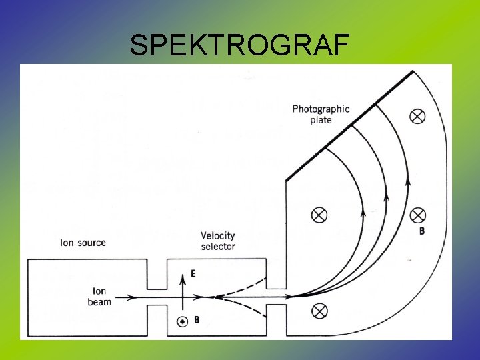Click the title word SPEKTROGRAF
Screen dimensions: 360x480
(x=239, y=45)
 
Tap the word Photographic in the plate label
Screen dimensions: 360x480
(x=321, y=109)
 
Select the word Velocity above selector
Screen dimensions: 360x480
(x=218, y=235)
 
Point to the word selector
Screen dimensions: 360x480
(x=218, y=246)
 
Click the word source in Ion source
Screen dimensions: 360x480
(x=91, y=242)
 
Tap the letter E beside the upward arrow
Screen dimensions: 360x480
(x=193, y=273)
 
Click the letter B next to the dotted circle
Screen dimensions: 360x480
(x=196, y=320)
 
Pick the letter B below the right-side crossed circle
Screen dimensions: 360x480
(x=421, y=231)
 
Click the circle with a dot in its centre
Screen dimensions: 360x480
(x=181, y=321)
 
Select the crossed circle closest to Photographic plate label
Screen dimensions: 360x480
(x=417, y=117)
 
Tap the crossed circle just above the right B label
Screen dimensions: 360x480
(x=417, y=215)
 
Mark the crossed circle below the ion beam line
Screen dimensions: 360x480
(x=320, y=310)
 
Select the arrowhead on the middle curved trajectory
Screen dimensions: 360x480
(x=386, y=197)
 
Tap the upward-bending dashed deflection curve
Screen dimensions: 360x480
(x=247, y=284)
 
